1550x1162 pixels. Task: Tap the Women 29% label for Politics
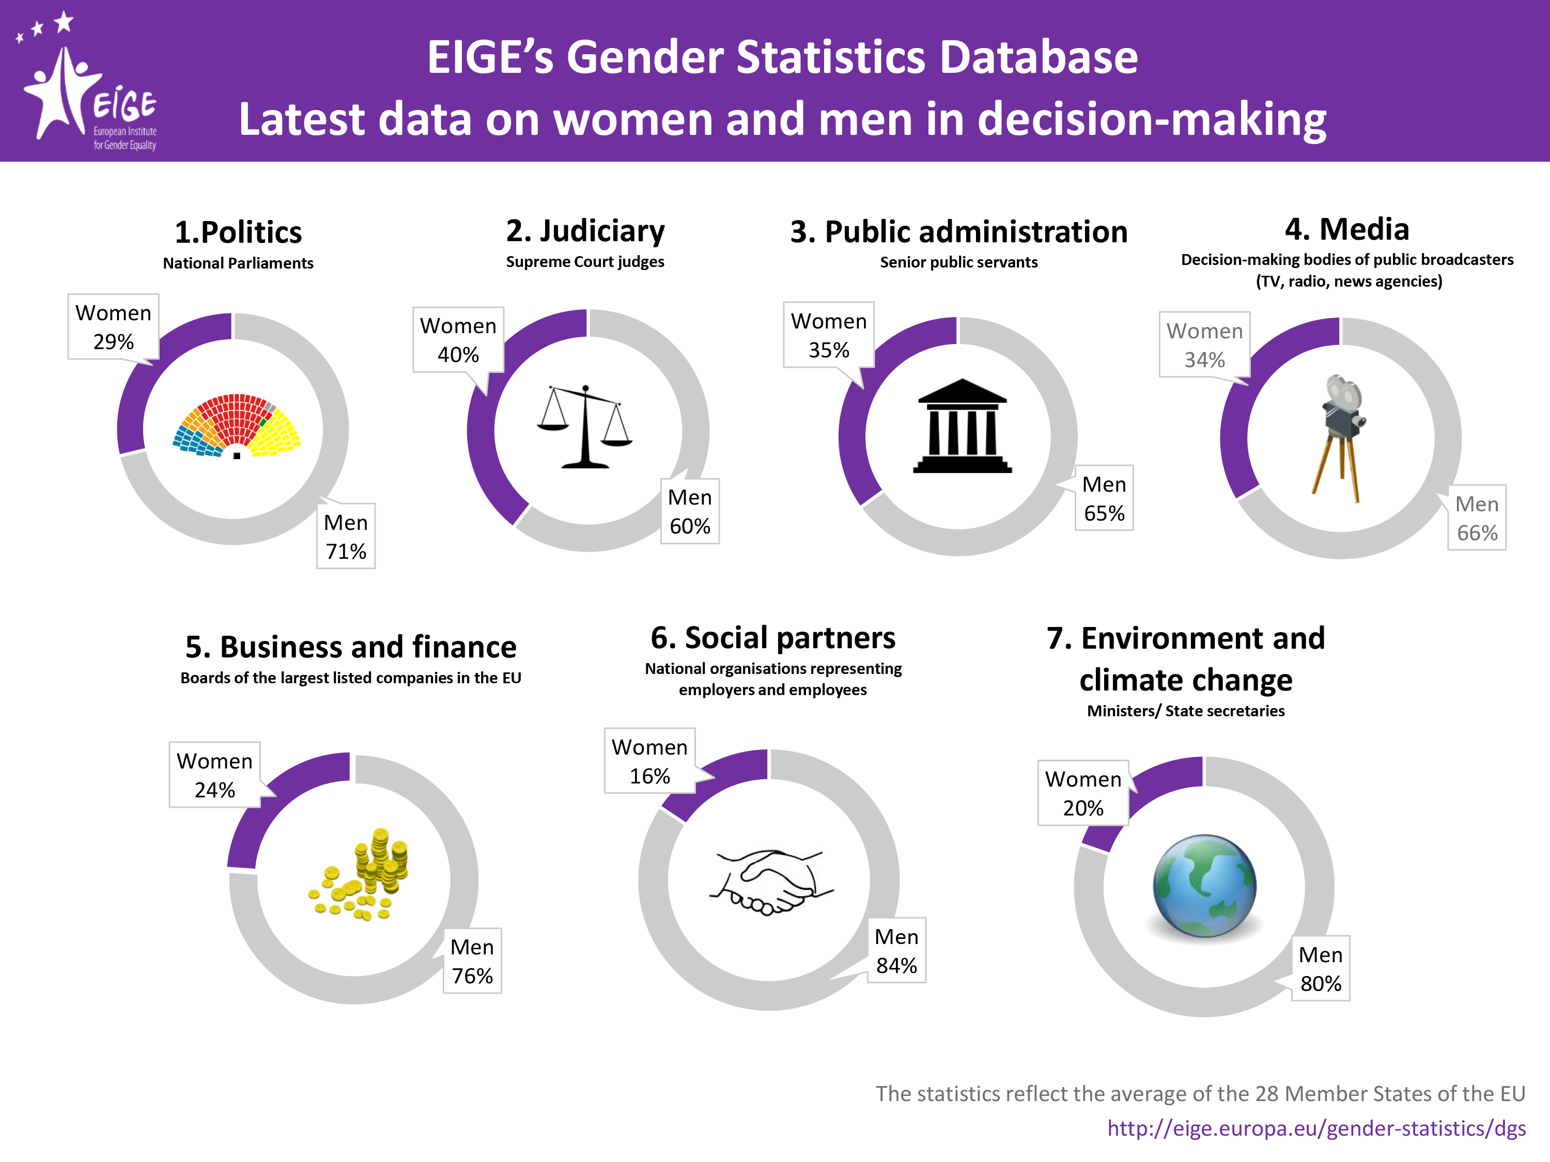tap(114, 327)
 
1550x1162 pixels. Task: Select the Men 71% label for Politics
tap(346, 537)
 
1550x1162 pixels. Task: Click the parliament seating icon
tap(236, 426)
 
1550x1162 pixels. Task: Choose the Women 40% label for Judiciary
tap(458, 340)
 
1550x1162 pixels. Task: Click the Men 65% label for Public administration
tap(1104, 498)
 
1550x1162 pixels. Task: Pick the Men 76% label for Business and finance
tap(472, 961)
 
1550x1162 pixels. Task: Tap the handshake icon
tap(771, 883)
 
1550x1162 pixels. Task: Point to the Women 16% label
tap(649, 761)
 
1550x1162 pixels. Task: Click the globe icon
tap(1204, 886)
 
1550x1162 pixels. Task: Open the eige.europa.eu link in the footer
tap(1316, 1128)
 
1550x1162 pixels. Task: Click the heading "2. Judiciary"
tap(585, 231)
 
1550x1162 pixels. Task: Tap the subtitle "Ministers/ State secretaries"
tap(1186, 711)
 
